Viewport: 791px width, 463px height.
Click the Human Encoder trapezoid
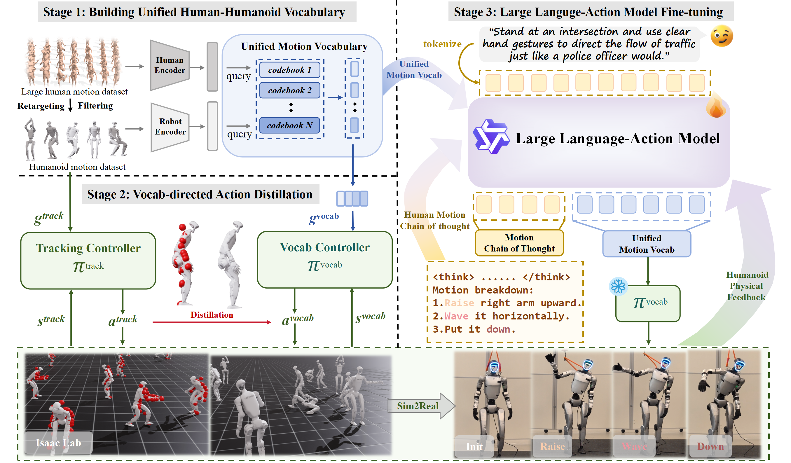[170, 65]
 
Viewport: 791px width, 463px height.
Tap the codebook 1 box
[289, 70]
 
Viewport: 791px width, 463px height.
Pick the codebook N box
[289, 125]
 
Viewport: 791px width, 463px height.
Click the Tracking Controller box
[88, 260]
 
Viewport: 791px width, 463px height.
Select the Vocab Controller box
[324, 260]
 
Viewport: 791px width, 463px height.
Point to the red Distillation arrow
[212, 322]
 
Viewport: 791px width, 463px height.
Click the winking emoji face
[722, 36]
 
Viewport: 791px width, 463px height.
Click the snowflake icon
[618, 286]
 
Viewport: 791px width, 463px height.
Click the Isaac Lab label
[58, 443]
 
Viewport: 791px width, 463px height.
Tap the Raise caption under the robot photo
[552, 446]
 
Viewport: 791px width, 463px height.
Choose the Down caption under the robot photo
[710, 446]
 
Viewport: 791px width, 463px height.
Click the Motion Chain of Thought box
[519, 243]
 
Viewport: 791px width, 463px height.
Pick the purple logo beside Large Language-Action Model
[490, 137]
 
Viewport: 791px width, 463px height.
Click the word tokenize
[442, 44]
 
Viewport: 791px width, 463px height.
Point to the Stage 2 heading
[200, 194]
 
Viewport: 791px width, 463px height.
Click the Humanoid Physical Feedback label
[746, 286]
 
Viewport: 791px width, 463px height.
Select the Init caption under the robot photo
[474, 446]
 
